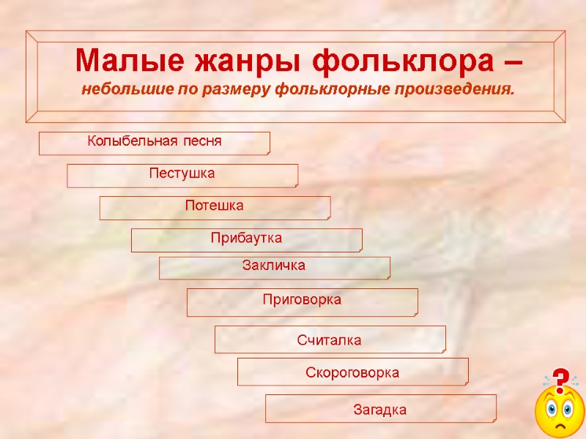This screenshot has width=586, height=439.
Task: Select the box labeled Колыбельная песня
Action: click(x=154, y=143)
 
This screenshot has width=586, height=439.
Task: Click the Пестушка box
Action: click(x=182, y=175)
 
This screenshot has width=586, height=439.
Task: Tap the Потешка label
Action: click(x=215, y=207)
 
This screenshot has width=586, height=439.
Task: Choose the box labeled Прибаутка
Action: click(x=246, y=239)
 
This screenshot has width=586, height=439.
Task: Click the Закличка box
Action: click(x=274, y=267)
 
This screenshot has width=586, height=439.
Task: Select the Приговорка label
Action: click(x=302, y=301)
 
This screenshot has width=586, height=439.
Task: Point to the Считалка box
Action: click(x=330, y=340)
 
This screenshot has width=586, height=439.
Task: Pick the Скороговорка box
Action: click(x=352, y=372)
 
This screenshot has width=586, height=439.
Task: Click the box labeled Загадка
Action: click(x=380, y=409)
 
